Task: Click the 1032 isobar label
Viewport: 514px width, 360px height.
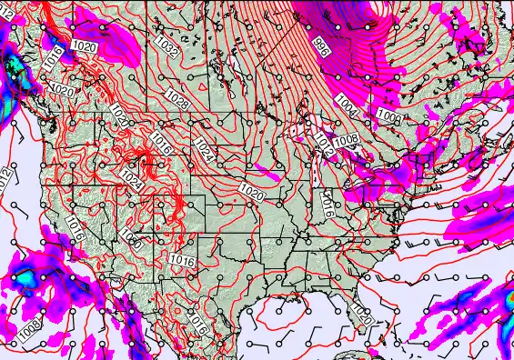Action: pos(166,46)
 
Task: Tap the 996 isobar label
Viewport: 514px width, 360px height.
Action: pos(321,47)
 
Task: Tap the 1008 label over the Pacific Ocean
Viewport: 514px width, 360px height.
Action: pos(28,322)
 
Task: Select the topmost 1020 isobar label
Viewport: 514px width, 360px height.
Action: pos(85,46)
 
